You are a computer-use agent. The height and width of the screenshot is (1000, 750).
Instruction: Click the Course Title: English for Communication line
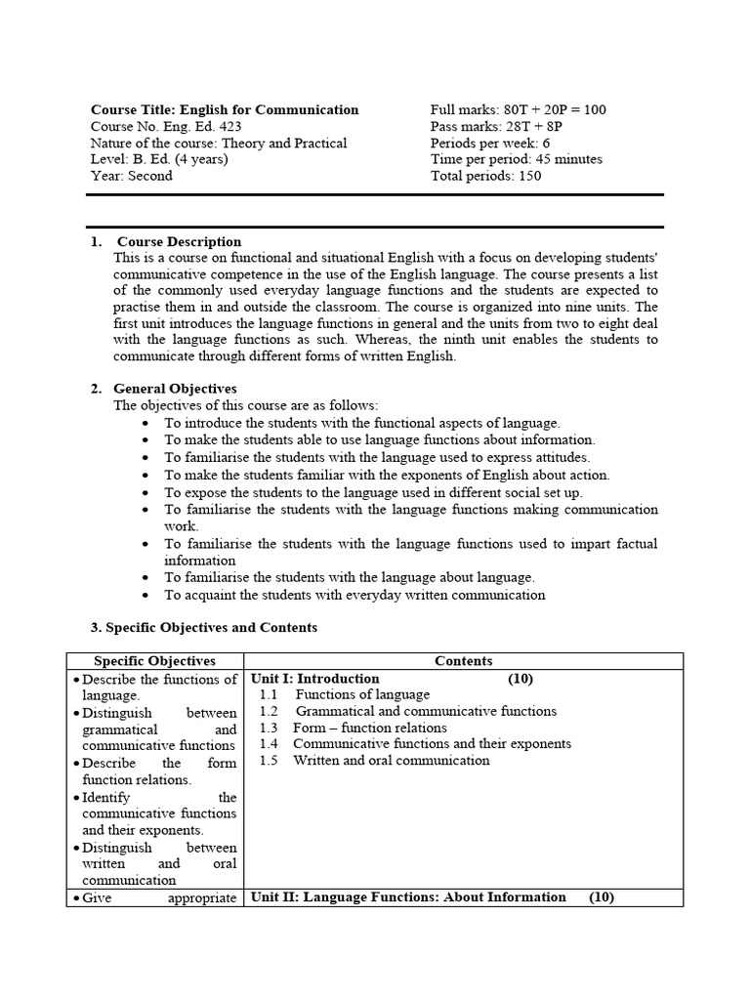[225, 110]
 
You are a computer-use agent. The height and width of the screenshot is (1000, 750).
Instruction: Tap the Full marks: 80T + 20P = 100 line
[518, 110]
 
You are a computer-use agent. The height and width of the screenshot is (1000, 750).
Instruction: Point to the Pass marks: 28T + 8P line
[496, 127]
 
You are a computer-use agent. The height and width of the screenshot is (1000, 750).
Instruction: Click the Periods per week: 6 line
[490, 144]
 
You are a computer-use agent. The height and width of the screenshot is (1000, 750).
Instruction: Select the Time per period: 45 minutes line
[516, 159]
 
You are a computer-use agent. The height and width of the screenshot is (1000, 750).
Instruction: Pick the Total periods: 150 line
[485, 176]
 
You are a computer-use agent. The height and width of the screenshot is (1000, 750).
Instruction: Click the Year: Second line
[131, 176]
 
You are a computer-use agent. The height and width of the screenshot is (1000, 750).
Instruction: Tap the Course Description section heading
[179, 241]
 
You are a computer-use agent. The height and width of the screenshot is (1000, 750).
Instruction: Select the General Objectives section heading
[175, 389]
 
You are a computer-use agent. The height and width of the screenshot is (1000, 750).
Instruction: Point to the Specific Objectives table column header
[154, 661]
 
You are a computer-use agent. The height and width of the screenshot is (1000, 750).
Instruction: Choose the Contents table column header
[463, 661]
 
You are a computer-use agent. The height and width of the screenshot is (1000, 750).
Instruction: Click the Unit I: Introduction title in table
[315, 678]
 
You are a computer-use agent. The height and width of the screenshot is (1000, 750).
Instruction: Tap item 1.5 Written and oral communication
[375, 760]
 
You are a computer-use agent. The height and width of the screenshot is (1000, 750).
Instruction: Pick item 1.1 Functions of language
[345, 694]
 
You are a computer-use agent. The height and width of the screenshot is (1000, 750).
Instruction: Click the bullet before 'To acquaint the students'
[145, 595]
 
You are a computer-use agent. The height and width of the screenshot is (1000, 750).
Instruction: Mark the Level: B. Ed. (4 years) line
[158, 159]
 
